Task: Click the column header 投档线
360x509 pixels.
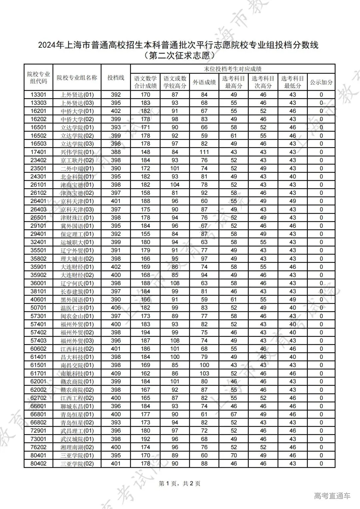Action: tap(116, 77)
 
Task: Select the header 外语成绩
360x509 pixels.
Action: tap(204, 82)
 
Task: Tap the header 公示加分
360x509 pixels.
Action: tap(321, 82)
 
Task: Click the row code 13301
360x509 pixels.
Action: tap(38, 95)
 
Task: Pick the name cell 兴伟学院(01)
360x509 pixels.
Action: tap(77, 152)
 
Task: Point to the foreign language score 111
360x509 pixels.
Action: tap(204, 152)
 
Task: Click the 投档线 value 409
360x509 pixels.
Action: tap(116, 373)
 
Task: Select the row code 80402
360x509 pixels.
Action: tap(38, 463)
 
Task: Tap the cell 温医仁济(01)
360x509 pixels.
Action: tap(77, 308)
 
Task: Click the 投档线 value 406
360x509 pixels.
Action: tap(116, 308)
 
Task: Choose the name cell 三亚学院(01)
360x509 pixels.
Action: tap(77, 455)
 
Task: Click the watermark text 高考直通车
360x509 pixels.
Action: tap(332, 496)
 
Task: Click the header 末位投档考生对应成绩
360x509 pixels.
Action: tap(232, 69)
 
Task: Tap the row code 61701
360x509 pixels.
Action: tap(38, 373)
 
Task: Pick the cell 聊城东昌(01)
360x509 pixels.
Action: tap(77, 406)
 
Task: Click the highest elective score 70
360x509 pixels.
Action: tap(233, 455)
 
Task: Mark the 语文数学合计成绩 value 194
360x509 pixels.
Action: tap(145, 332)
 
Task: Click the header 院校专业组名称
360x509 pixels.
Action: tap(77, 77)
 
